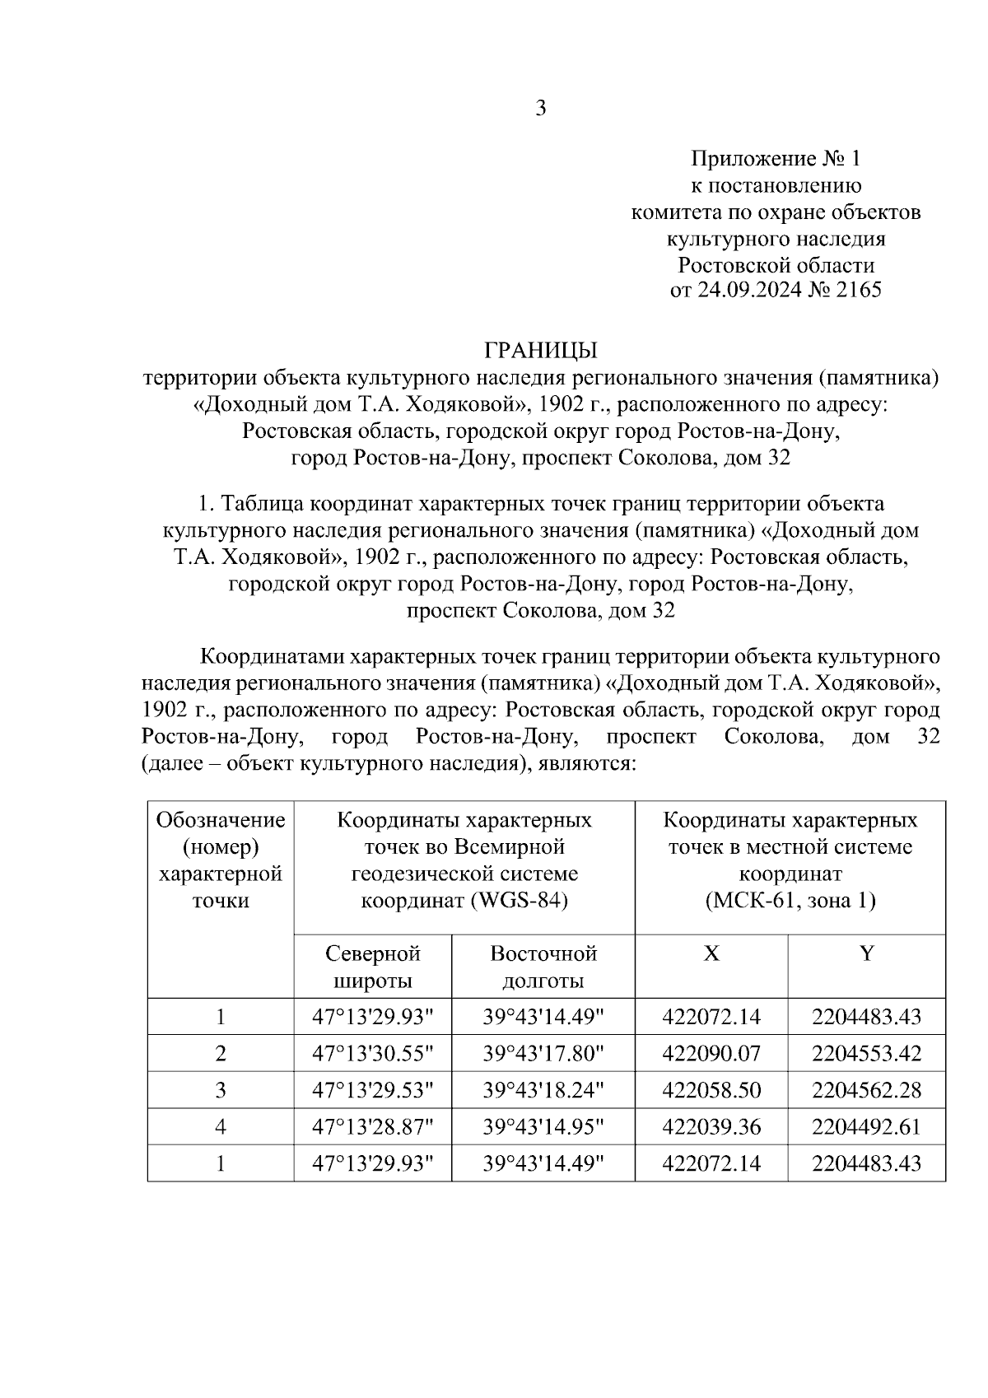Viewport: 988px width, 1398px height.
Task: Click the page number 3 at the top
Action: [x=541, y=108]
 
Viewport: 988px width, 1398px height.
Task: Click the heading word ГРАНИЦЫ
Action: [x=540, y=351]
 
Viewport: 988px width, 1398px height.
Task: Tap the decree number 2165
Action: [x=858, y=291]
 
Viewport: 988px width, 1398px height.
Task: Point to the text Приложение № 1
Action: [x=776, y=158]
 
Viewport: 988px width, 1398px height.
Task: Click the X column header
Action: [x=711, y=953]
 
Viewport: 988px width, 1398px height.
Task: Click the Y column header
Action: [x=866, y=953]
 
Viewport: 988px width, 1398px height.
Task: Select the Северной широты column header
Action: [x=373, y=967]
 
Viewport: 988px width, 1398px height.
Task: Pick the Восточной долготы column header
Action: [x=543, y=967]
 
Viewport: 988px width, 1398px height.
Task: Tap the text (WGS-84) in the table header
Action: [x=520, y=901]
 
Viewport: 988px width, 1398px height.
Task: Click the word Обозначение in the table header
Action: [x=221, y=820]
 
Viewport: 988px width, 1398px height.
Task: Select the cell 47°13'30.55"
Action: [x=373, y=1053]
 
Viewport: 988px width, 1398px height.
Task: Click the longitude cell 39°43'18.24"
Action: [x=543, y=1090]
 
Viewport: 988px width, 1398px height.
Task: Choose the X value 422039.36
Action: [x=711, y=1126]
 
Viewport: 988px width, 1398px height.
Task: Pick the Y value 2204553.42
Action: [x=866, y=1053]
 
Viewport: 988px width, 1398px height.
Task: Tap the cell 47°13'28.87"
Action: [x=373, y=1126]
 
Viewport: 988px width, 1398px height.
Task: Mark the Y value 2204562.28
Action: [x=866, y=1090]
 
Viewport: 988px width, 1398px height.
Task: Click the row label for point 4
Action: [x=221, y=1126]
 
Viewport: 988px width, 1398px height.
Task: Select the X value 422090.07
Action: [x=711, y=1053]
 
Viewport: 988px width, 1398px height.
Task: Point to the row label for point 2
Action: [x=221, y=1053]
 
